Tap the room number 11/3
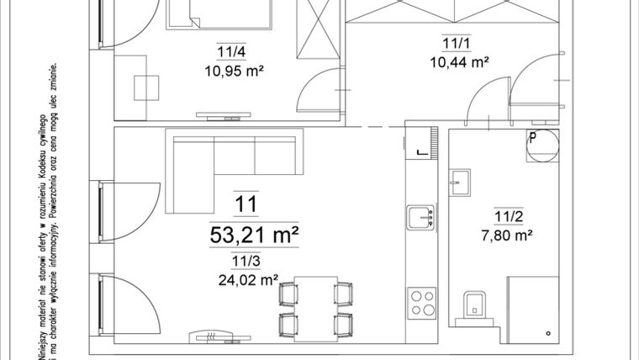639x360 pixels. pos(246,262)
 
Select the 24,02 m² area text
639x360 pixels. pos(247,278)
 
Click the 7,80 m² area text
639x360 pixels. pos(508,237)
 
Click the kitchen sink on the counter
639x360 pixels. pos(420,218)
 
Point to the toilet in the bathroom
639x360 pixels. pos(474,306)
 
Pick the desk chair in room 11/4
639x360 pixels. pos(148,87)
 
